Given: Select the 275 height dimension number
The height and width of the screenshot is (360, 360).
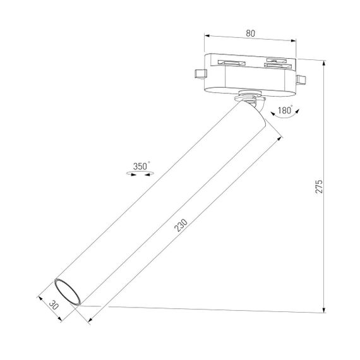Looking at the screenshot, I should pos(318,187).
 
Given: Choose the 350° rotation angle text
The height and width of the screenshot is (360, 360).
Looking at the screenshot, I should pos(141,166).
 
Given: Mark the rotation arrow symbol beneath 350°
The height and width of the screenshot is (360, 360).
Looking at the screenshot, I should pos(141,174).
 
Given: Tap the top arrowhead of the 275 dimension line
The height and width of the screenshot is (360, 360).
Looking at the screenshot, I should pos(325,63).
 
